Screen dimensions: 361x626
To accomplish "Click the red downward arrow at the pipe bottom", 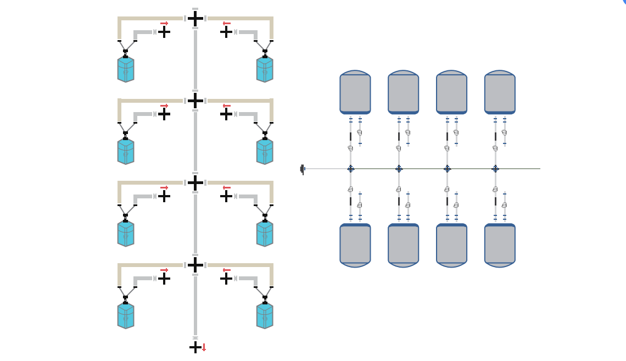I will [x=204, y=347].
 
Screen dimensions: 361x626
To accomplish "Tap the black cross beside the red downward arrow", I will [x=195, y=347].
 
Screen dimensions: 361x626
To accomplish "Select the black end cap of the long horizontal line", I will [x=302, y=169].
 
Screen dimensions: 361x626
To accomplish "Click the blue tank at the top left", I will [x=126, y=69].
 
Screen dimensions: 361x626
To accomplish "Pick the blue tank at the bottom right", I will [x=265, y=315].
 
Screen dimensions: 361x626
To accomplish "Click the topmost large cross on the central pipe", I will [x=195, y=18].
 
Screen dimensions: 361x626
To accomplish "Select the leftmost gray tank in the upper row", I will [x=355, y=93].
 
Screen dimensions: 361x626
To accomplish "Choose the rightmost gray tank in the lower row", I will [x=500, y=245].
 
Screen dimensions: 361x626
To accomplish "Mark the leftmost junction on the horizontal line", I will [x=351, y=169].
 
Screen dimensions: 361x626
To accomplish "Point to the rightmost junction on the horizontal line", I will [x=495, y=169].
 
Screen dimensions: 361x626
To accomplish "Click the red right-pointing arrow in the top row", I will [x=164, y=24].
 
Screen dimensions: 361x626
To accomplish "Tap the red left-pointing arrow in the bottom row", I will [x=226, y=270].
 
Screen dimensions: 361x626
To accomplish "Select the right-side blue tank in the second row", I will [x=265, y=151].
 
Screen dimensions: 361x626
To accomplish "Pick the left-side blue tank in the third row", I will [x=126, y=233].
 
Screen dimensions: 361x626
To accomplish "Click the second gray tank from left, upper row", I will [x=404, y=93].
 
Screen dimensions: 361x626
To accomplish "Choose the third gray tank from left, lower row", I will [x=451, y=245].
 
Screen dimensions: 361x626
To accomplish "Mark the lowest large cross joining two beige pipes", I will [x=195, y=265].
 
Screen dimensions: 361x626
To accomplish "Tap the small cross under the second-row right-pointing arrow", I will [x=164, y=114].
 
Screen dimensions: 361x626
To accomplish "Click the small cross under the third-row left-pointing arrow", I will [x=226, y=196].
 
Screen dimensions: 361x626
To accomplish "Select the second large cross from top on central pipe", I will [x=195, y=101].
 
